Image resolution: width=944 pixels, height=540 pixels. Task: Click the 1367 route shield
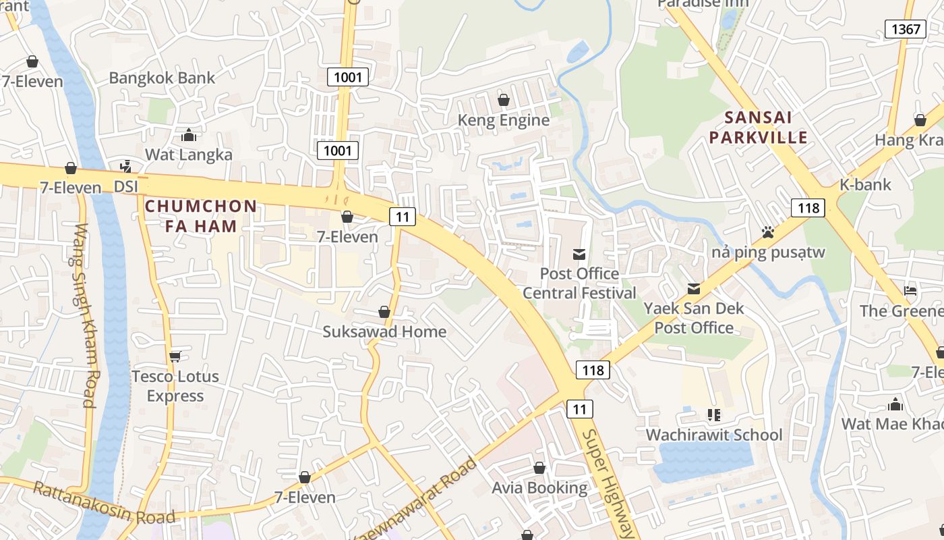[905, 28]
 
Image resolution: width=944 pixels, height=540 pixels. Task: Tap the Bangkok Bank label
[162, 78]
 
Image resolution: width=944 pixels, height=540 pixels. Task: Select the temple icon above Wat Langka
[189, 136]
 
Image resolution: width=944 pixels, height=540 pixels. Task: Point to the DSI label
[126, 186]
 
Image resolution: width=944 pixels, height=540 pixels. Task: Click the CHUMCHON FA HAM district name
[201, 216]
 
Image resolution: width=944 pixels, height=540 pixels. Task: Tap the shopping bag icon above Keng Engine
[504, 101]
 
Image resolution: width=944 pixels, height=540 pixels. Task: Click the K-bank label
[865, 184]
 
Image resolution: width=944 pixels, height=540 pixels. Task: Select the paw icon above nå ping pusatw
[767, 233]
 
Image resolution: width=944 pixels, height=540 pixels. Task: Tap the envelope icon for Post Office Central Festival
[579, 254]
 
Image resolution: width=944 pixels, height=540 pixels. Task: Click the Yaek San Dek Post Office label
[694, 318]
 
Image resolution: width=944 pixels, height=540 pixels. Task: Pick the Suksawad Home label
[384, 331]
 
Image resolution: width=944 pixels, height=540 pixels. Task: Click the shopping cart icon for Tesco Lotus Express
[175, 356]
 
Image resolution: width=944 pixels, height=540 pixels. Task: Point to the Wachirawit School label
[714, 435]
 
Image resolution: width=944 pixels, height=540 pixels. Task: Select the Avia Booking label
[539, 487]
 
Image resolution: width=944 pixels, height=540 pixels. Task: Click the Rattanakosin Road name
[104, 503]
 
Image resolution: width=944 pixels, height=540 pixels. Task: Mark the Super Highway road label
[609, 483]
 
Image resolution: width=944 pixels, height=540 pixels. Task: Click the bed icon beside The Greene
[910, 292]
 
